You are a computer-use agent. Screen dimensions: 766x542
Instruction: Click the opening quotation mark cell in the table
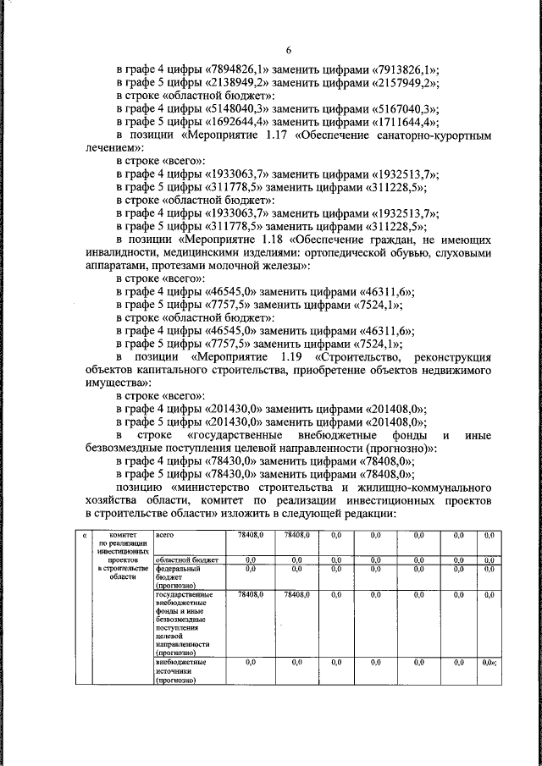(x=83, y=536)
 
